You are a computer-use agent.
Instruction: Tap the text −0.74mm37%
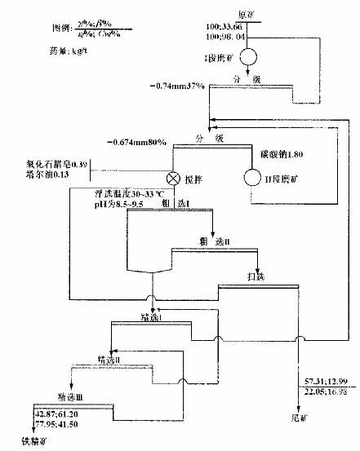178,86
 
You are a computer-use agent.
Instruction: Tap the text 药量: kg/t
43,51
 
